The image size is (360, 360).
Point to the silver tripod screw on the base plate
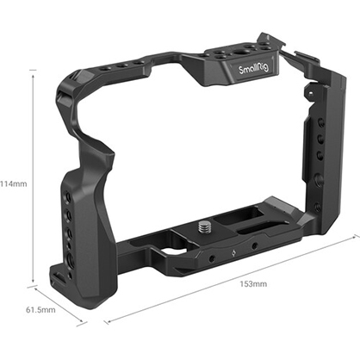point(208,228)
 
